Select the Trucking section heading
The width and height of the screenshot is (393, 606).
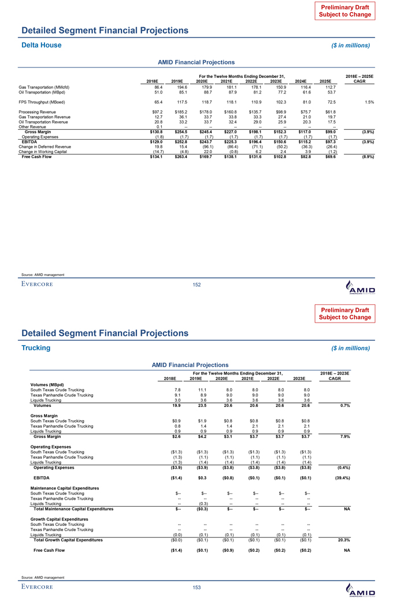click(36, 348)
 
